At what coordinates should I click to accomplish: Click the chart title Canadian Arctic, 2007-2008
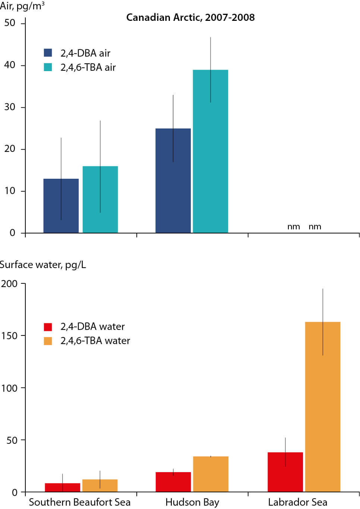190,18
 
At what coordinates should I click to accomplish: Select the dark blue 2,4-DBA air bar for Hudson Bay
173,181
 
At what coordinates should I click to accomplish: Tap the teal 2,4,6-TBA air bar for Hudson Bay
210,151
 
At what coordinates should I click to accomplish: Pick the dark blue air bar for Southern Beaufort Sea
61,206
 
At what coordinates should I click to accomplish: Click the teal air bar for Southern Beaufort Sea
100,200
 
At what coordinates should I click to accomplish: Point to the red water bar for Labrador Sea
285,472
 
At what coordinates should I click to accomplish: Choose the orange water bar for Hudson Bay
211,474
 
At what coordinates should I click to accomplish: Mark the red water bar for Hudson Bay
173,482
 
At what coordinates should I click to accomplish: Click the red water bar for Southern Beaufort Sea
62,487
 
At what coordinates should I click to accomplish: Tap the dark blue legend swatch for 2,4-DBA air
48,53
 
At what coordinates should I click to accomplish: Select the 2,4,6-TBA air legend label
88,67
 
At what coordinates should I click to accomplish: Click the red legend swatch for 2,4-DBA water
48,327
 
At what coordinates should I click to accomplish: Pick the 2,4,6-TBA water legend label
95,341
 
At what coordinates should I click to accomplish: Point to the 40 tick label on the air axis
10,65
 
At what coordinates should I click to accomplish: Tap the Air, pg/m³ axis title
22,6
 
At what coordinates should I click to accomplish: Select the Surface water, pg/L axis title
43,265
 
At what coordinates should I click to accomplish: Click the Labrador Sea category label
297,502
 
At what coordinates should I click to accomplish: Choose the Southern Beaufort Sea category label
80,502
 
